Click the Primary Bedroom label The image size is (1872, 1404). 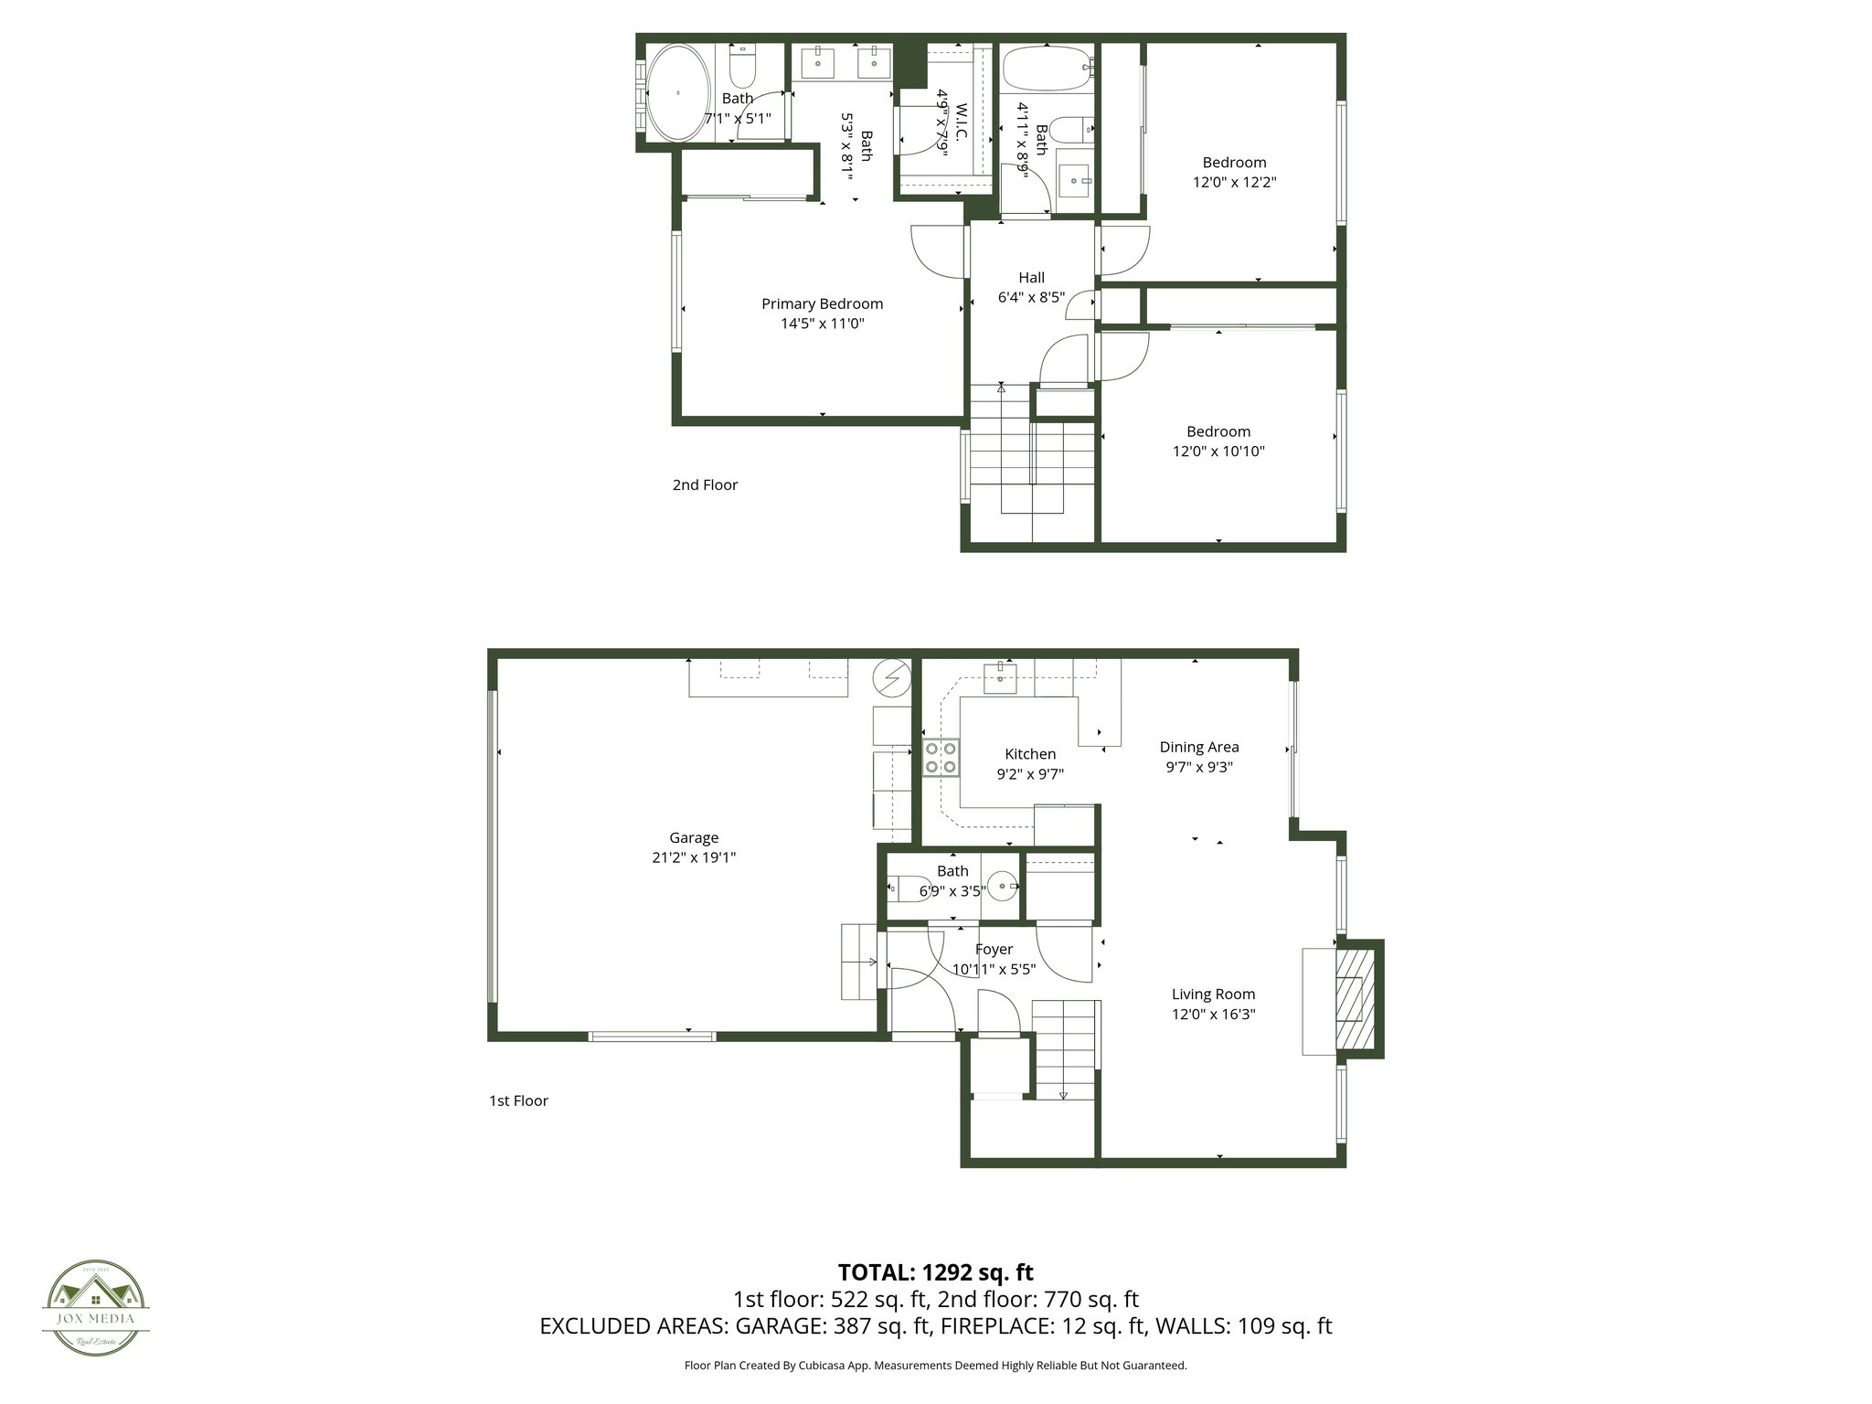tap(822, 303)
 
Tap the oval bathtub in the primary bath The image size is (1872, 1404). tap(677, 92)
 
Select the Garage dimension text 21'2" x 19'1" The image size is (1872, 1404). tap(693, 857)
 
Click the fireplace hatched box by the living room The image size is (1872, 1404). tap(1356, 999)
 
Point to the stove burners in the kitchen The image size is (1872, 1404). tap(941, 757)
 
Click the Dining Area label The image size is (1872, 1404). tap(1198, 747)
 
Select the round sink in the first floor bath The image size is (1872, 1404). tap(1004, 886)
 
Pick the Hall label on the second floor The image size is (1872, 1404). tap(1031, 277)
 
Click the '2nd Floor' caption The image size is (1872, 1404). tap(705, 484)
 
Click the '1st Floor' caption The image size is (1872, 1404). tap(518, 1101)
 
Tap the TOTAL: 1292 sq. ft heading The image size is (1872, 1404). tap(935, 1271)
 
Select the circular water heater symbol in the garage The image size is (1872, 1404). tap(891, 677)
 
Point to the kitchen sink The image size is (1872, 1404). tap(1001, 678)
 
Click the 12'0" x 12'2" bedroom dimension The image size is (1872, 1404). tap(1234, 182)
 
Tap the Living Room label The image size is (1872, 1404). tap(1213, 994)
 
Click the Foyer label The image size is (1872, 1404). tap(994, 949)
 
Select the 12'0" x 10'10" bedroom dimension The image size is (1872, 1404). tap(1218, 451)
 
